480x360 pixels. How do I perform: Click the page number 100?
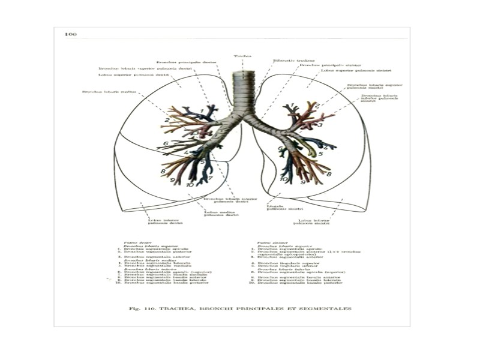click(x=70, y=34)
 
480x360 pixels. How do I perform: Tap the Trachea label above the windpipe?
click(x=242, y=56)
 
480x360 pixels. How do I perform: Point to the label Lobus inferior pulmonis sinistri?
click(x=312, y=222)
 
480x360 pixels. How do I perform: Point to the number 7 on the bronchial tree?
click(x=211, y=178)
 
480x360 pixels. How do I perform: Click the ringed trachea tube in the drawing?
click(x=243, y=96)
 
